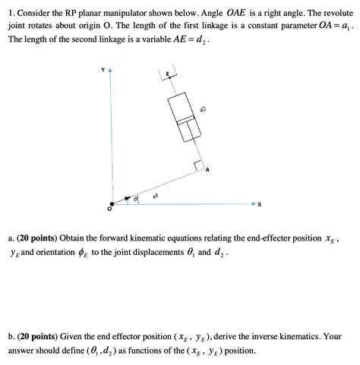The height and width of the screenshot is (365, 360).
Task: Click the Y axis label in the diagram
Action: [x=103, y=69]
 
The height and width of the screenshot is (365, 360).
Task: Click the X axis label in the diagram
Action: [x=259, y=204]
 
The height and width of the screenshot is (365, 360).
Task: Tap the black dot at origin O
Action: [x=112, y=203]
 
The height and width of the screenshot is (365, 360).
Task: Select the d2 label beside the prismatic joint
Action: [x=202, y=111]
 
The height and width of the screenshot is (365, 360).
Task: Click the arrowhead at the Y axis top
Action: [x=112, y=71]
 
